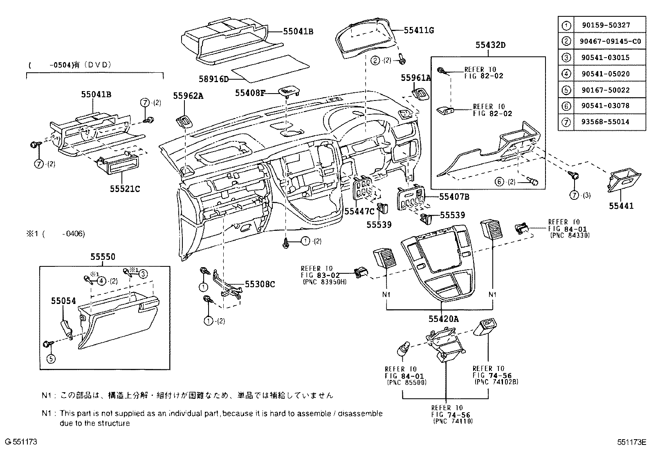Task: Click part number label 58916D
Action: click(214, 79)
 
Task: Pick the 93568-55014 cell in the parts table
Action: click(599, 122)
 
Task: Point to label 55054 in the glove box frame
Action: click(63, 301)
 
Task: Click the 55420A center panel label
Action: click(443, 319)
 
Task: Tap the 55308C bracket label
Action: click(260, 284)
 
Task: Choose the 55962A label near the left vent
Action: click(188, 96)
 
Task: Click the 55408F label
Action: click(250, 93)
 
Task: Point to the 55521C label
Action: click(125, 189)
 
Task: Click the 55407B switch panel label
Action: click(454, 197)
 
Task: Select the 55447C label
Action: click(359, 211)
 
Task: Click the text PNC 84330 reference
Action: click(570, 236)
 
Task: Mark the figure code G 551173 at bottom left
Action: click(21, 442)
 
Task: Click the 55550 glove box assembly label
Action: click(103, 257)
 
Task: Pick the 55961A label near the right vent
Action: click(415, 78)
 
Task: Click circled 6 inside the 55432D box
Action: click(499, 182)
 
